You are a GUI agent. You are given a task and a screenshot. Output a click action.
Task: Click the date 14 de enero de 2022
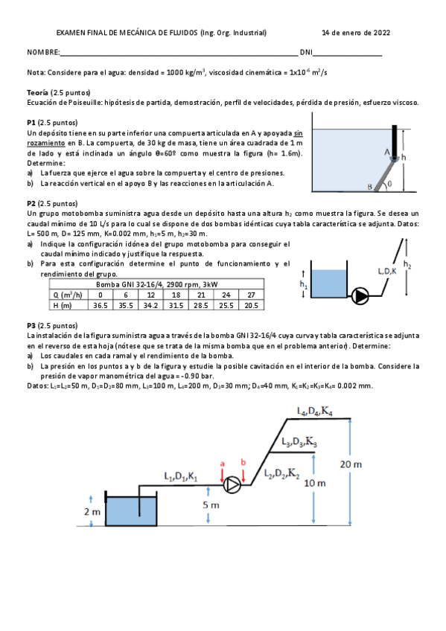[x=355, y=33]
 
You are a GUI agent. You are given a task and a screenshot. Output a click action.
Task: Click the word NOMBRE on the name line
[x=42, y=53]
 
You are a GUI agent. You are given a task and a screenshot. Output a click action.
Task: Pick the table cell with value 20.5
[x=251, y=304]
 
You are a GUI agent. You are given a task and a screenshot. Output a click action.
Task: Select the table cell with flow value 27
[x=251, y=294]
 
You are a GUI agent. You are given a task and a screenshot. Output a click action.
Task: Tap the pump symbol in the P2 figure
[x=361, y=295]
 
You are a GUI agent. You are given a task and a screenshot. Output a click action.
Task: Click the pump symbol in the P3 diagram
[x=233, y=486]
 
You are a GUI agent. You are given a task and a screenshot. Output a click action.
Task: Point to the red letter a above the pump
[x=222, y=463]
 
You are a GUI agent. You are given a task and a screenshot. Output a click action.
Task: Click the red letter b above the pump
[x=243, y=463]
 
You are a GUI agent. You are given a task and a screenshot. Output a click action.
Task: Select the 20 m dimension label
[x=351, y=464]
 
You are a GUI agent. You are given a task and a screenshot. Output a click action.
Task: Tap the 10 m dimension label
[x=316, y=483]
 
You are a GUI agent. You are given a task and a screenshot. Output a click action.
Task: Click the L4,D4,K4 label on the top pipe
[x=315, y=411]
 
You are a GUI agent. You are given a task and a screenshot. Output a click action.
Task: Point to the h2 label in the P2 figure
[x=407, y=263]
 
